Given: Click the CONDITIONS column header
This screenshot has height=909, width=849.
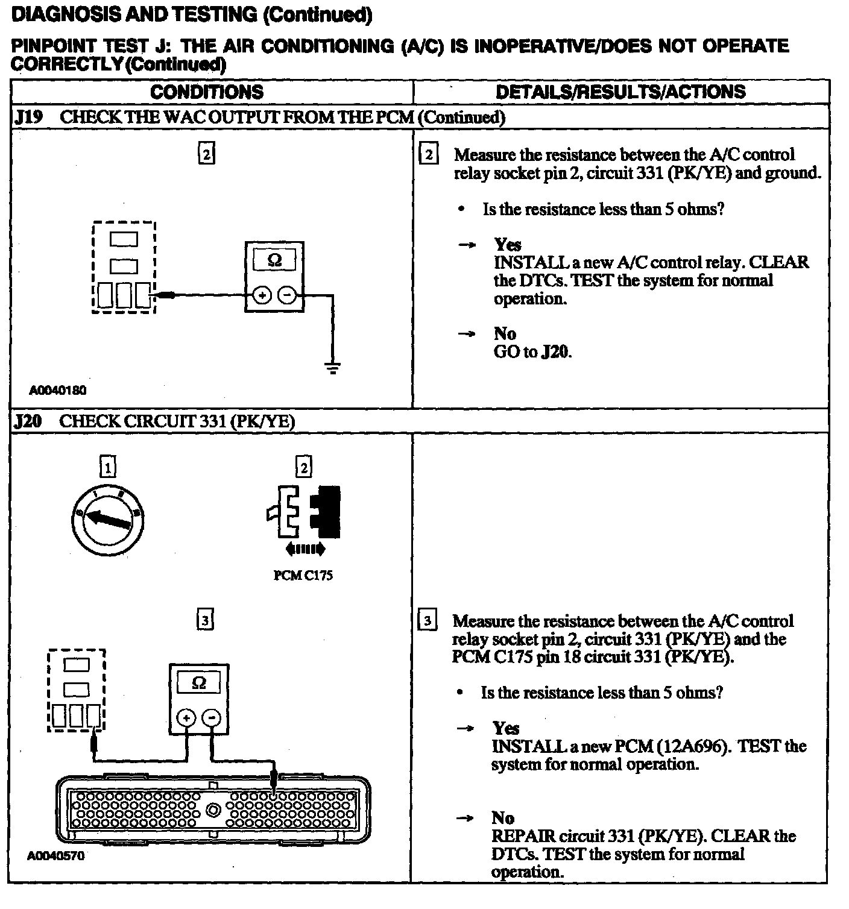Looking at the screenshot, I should click(207, 92).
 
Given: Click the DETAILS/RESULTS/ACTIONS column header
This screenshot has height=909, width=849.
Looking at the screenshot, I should click(620, 92).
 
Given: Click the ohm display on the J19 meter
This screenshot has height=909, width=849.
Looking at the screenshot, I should click(274, 260).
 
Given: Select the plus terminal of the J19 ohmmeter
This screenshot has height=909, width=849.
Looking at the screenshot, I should click(262, 295).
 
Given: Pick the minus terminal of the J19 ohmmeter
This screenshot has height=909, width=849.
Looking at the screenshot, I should click(288, 295).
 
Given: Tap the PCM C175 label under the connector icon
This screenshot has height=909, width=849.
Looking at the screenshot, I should click(303, 576).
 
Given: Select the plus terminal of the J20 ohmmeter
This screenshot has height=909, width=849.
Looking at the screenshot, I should click(186, 717).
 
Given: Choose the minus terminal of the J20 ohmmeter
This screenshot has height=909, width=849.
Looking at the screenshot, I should click(211, 717).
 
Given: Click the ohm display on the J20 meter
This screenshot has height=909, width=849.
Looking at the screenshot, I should click(198, 683).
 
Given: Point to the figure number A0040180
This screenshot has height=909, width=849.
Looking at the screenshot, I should click(58, 391).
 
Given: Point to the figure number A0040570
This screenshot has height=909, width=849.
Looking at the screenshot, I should click(56, 856).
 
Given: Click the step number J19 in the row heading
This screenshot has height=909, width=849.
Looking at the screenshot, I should click(28, 117).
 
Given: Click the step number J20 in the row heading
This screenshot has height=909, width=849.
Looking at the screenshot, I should click(28, 421).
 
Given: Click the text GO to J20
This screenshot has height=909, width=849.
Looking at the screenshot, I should click(532, 352).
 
